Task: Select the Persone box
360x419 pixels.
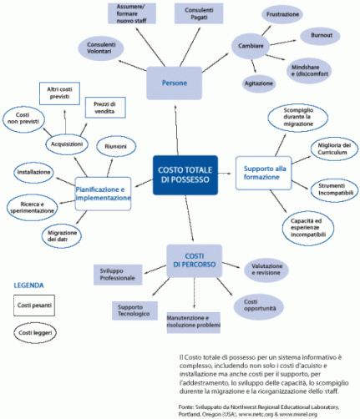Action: point(175,83)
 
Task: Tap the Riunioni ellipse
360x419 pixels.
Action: point(115,146)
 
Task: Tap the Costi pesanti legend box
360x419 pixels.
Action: point(34,306)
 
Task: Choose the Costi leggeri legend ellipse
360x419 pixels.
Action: point(33,333)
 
